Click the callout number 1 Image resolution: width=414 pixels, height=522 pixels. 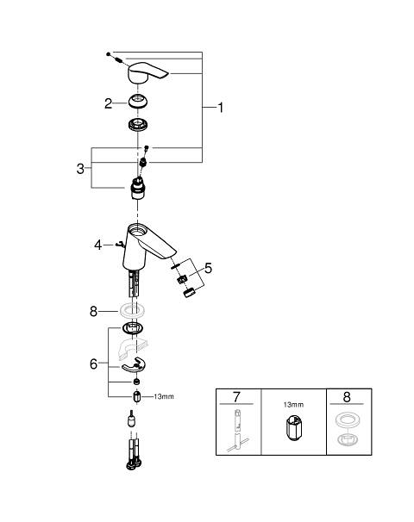click(220, 107)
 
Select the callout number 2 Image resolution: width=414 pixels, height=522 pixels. click(108, 103)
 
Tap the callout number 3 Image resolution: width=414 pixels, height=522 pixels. click(80, 169)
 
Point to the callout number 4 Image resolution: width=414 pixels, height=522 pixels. click(97, 245)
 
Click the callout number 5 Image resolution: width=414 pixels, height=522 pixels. click(209, 268)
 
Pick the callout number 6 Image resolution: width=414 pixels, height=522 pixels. click(94, 364)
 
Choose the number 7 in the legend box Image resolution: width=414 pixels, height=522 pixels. click(236, 397)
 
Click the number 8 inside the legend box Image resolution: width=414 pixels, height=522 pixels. click(347, 397)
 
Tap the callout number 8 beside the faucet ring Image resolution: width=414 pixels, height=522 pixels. click(93, 312)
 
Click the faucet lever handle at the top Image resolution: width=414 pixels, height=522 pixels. click(147, 72)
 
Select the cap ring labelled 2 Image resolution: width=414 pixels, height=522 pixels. click(138, 102)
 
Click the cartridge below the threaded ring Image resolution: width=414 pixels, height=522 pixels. click(138, 189)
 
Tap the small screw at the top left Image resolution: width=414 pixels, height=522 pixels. click(109, 54)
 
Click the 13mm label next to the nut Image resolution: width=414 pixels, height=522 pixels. click(164, 396)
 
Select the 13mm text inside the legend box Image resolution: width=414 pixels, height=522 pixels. click(293, 405)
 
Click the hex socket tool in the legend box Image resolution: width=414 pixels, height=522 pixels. click(292, 429)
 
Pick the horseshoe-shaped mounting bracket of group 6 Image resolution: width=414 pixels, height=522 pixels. click(134, 364)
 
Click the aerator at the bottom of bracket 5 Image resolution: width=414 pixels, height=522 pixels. click(189, 293)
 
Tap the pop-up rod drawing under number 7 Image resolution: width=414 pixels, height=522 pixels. click(237, 431)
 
